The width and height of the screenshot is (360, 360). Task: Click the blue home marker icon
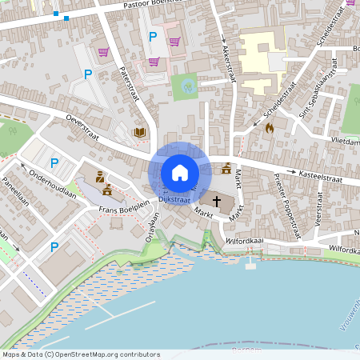click(x=179, y=173)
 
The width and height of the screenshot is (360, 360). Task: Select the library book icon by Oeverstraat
click(x=140, y=132)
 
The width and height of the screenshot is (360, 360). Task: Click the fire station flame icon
click(x=269, y=126)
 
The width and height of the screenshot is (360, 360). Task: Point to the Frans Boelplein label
click(x=125, y=207)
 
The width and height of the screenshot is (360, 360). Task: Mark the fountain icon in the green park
click(x=189, y=86)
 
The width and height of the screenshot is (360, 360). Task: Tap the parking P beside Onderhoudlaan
click(x=54, y=163)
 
